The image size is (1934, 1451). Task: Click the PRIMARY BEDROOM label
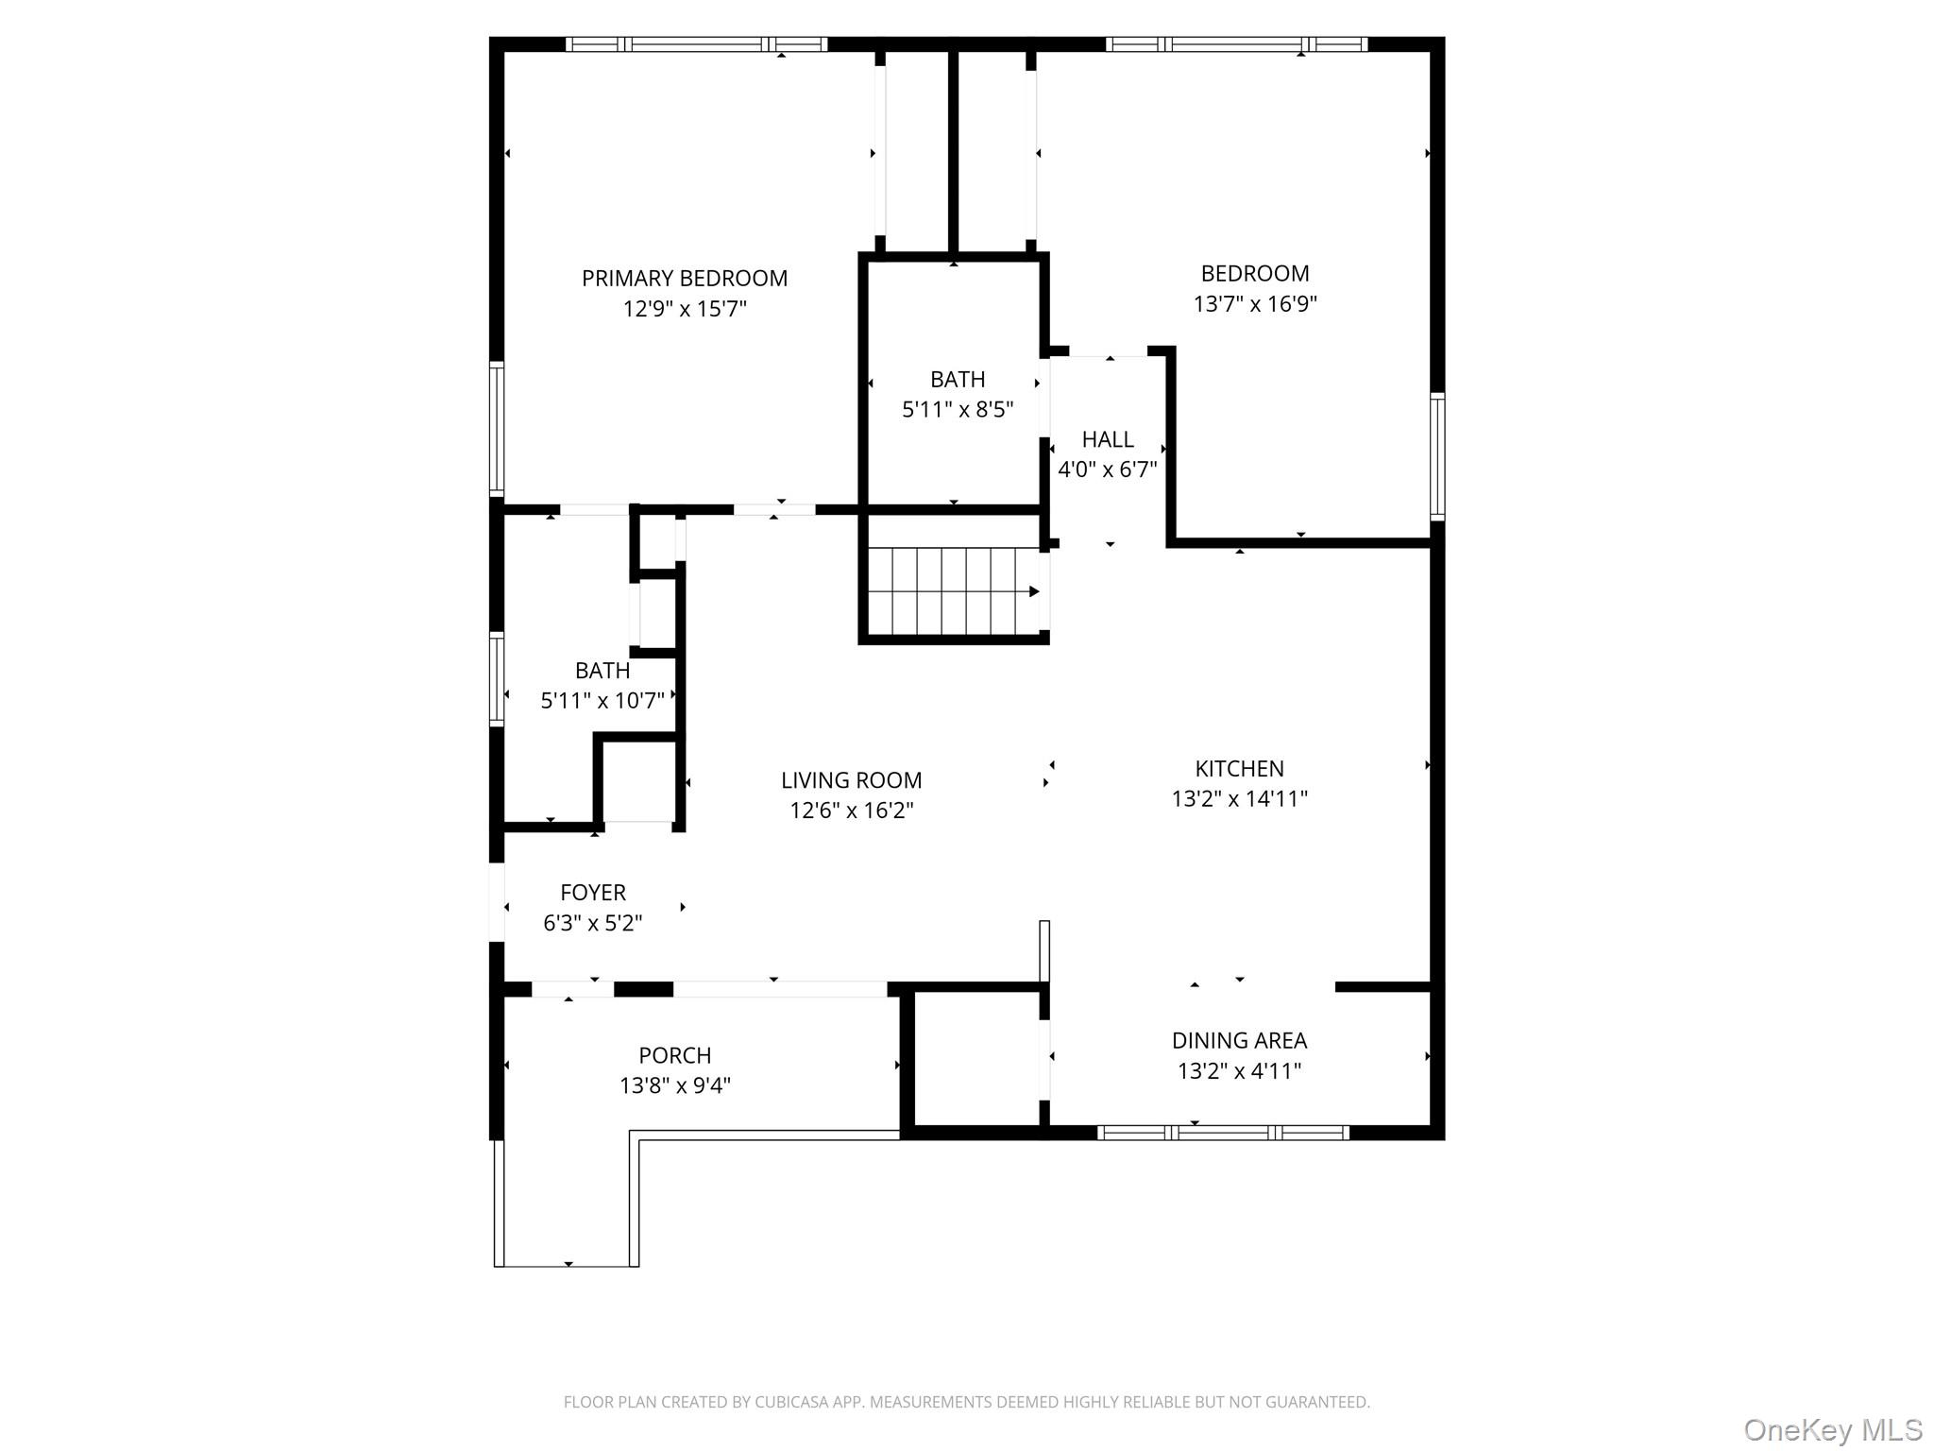[x=684, y=278]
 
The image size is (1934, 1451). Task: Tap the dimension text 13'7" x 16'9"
[x=1254, y=304]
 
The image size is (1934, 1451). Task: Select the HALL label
[x=1107, y=439]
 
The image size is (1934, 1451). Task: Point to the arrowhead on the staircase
[x=1034, y=591]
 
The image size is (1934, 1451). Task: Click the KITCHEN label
[x=1239, y=768]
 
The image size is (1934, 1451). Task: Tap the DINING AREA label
[x=1239, y=1040]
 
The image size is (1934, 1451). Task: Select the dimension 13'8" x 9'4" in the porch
[x=674, y=1085]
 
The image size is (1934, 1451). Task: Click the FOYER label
[x=592, y=892]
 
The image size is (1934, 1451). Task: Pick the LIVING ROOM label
[x=851, y=780]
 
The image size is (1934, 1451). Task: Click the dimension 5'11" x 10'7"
[x=602, y=700]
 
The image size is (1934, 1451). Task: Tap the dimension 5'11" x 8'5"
[x=957, y=409]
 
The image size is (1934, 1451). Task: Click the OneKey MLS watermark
[x=1831, y=1429]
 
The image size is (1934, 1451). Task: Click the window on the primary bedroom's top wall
[x=696, y=44]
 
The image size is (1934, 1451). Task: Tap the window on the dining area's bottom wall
[x=1223, y=1132]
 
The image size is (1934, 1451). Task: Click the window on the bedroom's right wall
[x=1436, y=456]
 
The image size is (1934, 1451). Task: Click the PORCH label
[x=674, y=1055]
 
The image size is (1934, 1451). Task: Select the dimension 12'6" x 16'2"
[x=851, y=811]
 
